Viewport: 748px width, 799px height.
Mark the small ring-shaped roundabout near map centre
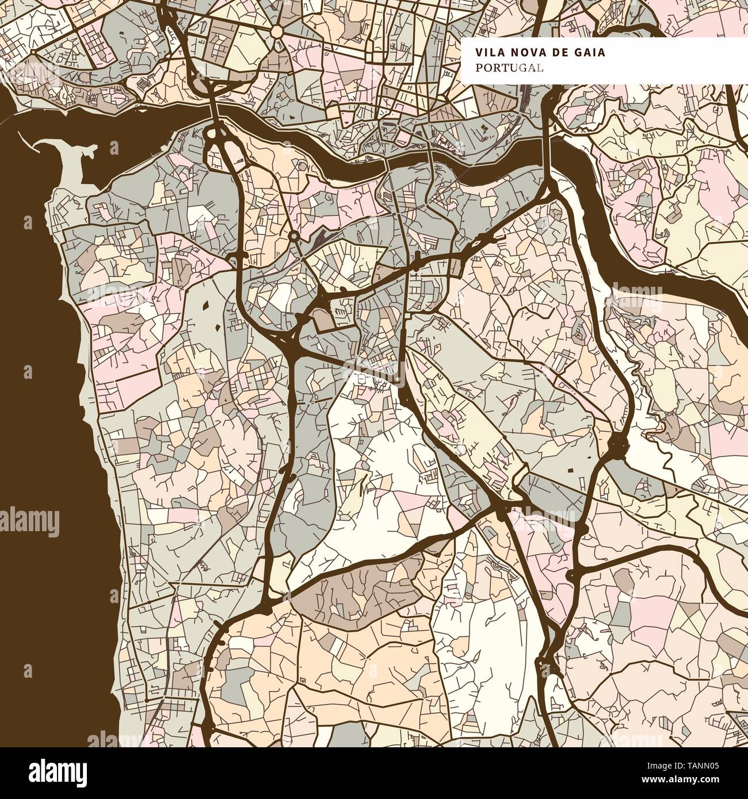click(293, 236)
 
